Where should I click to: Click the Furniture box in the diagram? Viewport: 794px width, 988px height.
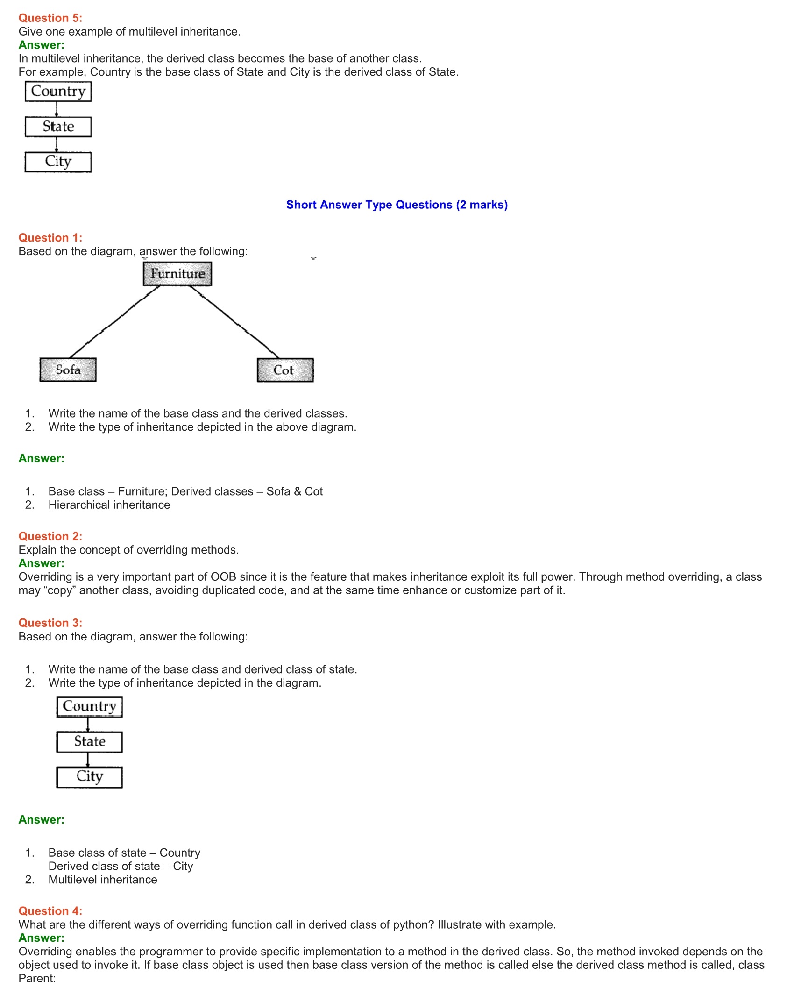click(x=177, y=273)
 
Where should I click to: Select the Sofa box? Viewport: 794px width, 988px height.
click(x=68, y=370)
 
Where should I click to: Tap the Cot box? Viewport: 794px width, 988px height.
click(x=285, y=370)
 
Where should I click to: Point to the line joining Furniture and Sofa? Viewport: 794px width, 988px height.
click(x=115, y=321)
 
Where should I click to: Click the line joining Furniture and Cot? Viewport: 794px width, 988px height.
click(x=234, y=321)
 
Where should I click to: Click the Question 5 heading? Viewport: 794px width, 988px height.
click(x=50, y=18)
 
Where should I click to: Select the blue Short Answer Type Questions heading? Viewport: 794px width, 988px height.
click(x=397, y=205)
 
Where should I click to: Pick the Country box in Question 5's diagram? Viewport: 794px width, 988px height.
click(x=58, y=92)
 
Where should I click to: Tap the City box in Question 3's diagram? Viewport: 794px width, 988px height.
click(x=90, y=777)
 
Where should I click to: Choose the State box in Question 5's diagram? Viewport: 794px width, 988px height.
click(x=58, y=127)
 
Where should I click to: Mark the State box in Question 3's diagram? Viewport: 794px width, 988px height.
click(x=90, y=741)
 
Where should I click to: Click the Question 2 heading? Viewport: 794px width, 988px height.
click(x=50, y=536)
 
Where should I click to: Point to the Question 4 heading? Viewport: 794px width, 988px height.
click(x=50, y=911)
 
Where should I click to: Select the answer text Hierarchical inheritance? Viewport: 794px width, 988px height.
click(x=109, y=505)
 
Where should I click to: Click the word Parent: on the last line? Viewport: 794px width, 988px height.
click(x=37, y=978)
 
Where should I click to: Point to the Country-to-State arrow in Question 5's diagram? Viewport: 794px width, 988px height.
click(x=57, y=109)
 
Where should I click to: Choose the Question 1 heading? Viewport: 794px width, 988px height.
click(x=50, y=238)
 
